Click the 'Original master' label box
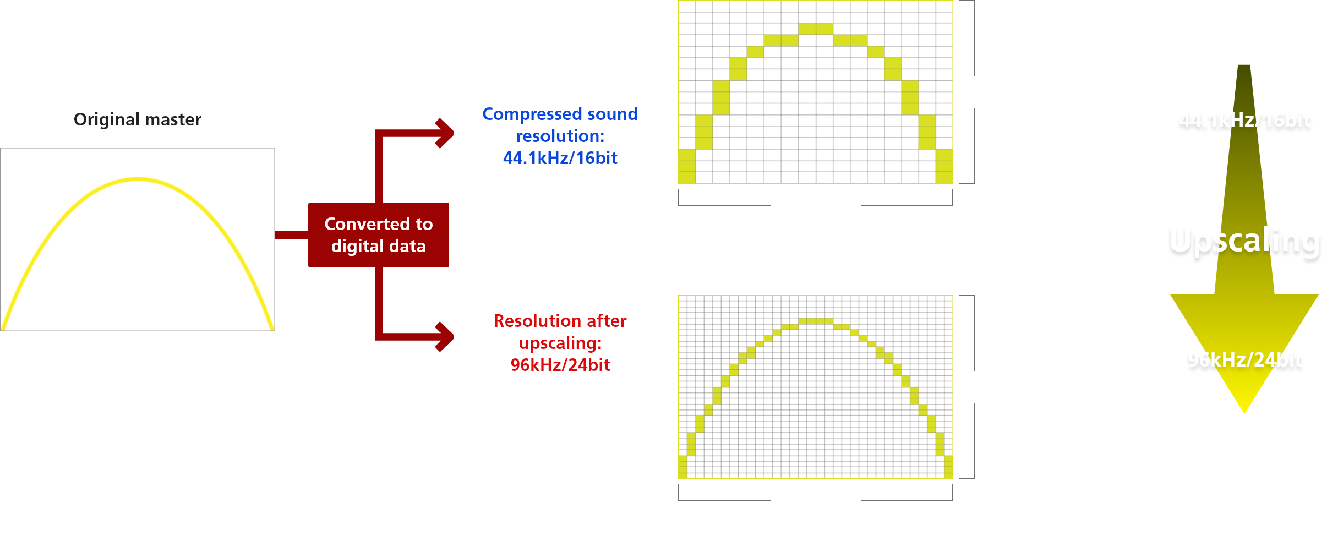point(138,119)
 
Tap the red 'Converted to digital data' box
point(379,235)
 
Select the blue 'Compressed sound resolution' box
point(560,136)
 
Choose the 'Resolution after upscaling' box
point(560,343)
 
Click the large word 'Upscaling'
point(1244,241)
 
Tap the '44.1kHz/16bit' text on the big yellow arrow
point(1244,120)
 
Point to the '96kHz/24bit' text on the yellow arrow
point(1244,360)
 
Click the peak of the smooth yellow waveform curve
point(138,179)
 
